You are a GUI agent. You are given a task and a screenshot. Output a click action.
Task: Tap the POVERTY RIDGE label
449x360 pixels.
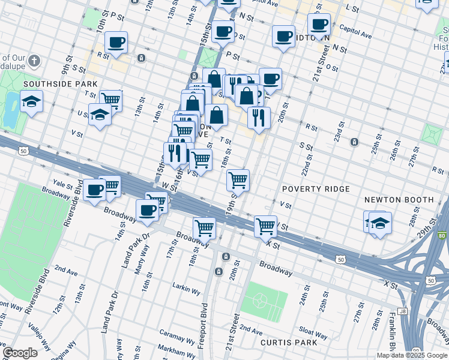[316, 189]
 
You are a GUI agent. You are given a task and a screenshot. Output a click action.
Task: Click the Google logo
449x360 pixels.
[20, 353]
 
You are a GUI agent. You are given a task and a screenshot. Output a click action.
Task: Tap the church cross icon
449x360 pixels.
[35, 61]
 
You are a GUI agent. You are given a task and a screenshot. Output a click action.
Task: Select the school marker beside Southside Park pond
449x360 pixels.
[31, 102]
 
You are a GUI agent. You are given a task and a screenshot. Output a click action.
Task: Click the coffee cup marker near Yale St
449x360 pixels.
[94, 190]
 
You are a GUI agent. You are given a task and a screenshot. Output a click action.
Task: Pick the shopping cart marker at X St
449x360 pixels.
[265, 226]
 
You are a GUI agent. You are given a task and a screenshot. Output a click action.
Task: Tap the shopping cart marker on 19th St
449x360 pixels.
[238, 179]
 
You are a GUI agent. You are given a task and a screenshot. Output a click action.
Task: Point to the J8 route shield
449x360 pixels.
[402, 311]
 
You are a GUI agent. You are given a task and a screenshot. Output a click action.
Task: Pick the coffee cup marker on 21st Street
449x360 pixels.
[319, 25]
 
